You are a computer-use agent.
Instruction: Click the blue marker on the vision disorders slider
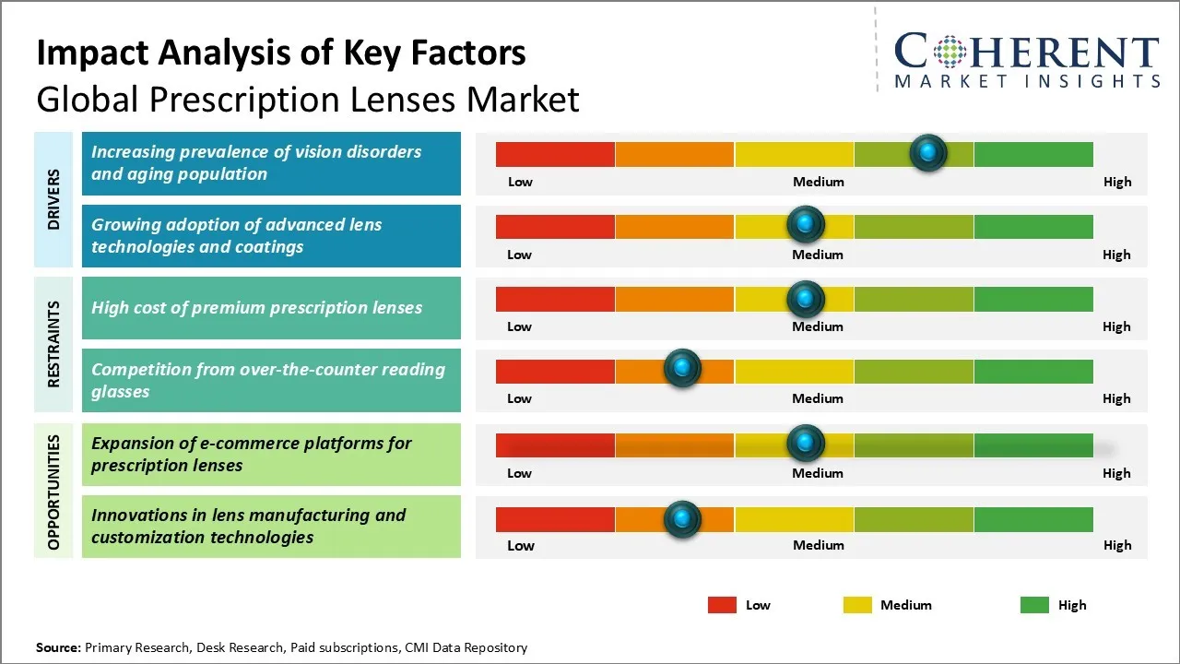[928, 152]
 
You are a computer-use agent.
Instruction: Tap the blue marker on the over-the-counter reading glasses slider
[682, 369]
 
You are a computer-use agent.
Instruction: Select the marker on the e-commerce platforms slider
[806, 444]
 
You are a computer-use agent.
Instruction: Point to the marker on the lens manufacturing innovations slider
[682, 519]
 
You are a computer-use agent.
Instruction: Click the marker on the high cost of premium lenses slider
[806, 298]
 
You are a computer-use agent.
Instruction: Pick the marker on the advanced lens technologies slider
[806, 224]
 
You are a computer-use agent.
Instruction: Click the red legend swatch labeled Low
[722, 605]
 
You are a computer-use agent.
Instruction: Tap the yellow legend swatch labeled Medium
[857, 605]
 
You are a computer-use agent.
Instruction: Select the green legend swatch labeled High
[1034, 605]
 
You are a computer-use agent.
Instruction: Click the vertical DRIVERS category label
[53, 199]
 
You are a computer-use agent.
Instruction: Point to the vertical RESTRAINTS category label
[53, 343]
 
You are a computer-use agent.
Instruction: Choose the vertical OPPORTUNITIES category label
[53, 492]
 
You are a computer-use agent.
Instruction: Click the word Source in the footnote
[58, 647]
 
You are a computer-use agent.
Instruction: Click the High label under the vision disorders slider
[1117, 182]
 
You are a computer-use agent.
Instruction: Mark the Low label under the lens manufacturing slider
[521, 545]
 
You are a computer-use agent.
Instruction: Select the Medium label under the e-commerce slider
[818, 473]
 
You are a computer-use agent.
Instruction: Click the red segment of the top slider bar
[555, 154]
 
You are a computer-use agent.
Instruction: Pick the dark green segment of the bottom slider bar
[1033, 519]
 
